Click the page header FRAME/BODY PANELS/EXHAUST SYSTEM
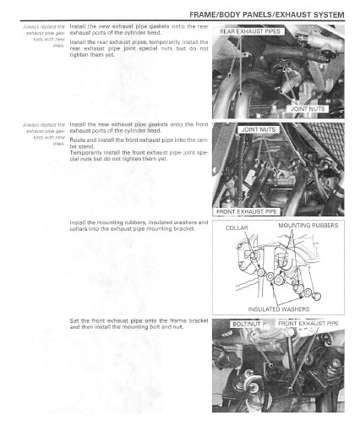point(268,14)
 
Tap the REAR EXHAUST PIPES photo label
point(251,31)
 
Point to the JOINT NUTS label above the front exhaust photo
point(259,129)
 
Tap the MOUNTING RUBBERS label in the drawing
point(308,226)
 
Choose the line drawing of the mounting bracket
point(278,267)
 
